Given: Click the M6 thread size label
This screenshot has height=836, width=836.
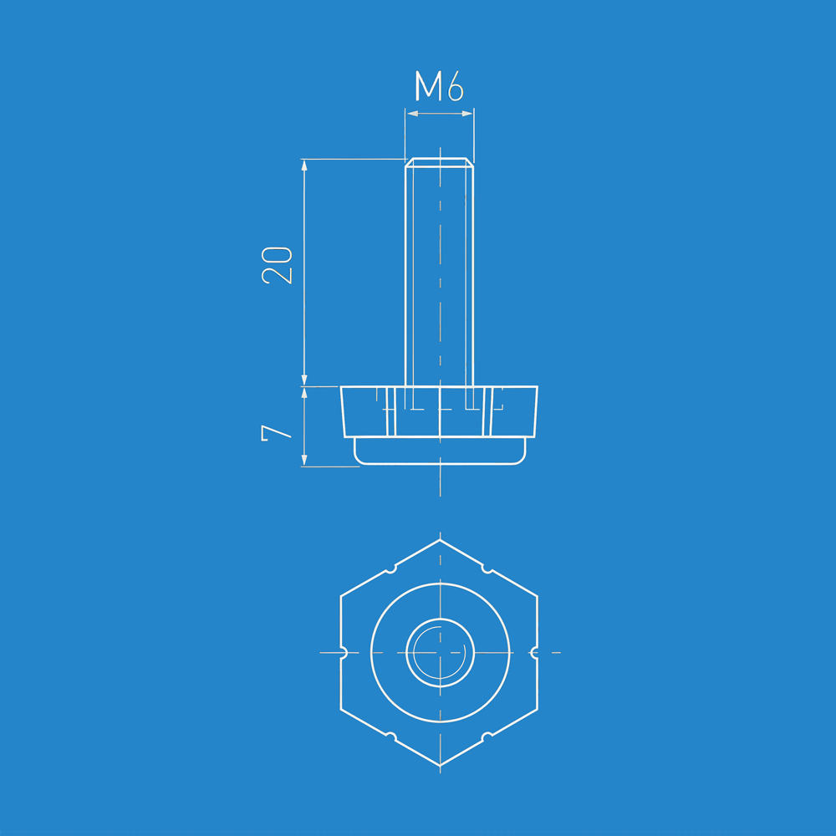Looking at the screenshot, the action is click(x=440, y=86).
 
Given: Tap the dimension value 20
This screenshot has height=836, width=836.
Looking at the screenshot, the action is click(x=278, y=265).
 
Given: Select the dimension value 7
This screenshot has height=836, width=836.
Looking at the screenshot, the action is click(x=276, y=433).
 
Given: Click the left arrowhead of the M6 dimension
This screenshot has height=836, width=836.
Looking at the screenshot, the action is click(x=412, y=114).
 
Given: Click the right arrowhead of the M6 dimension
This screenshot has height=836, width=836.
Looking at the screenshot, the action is click(x=467, y=114).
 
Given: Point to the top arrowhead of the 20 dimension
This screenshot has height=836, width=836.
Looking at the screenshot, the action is click(x=304, y=165).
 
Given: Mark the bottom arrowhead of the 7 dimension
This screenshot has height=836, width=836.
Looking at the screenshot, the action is click(x=304, y=460).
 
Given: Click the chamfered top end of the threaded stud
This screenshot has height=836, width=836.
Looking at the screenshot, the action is click(x=440, y=162).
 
